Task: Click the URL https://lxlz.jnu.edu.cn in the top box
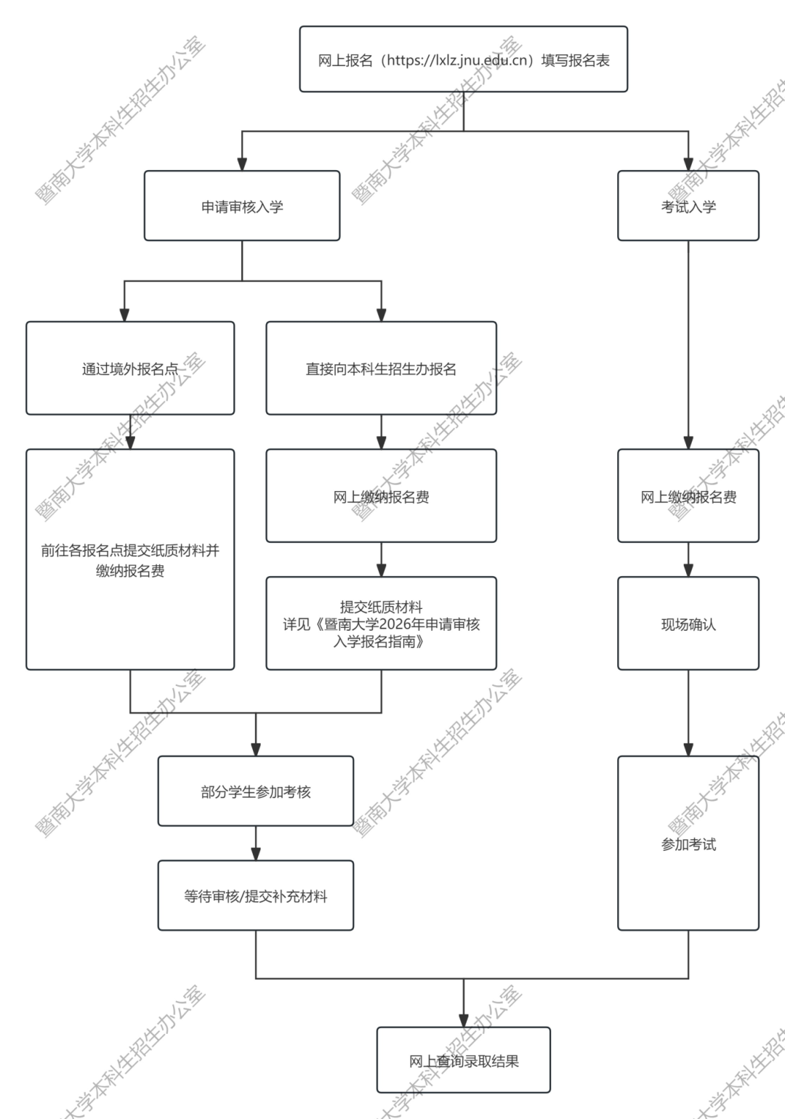pyautogui.click(x=456, y=60)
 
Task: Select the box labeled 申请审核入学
pyautogui.click(x=242, y=206)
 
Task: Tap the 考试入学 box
pyautogui.click(x=688, y=206)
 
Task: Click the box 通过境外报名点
pyautogui.click(x=130, y=368)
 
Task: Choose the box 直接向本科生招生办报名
pyautogui.click(x=381, y=368)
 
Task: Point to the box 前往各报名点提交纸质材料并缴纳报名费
pyautogui.click(x=130, y=559)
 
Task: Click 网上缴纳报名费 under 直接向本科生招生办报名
pyautogui.click(x=381, y=496)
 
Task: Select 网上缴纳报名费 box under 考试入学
pyautogui.click(x=688, y=496)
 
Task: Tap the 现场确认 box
pyautogui.click(x=688, y=623)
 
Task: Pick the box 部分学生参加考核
pyautogui.click(x=256, y=791)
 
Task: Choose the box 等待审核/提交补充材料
pyautogui.click(x=256, y=896)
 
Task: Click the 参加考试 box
pyautogui.click(x=688, y=844)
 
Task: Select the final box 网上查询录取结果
pyautogui.click(x=464, y=1061)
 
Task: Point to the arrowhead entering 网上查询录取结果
pyautogui.click(x=464, y=1020)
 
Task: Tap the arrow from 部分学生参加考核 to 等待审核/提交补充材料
pyautogui.click(x=256, y=844)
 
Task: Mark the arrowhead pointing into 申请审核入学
pyautogui.click(x=242, y=164)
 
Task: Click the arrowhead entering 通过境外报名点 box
pyautogui.click(x=124, y=315)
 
